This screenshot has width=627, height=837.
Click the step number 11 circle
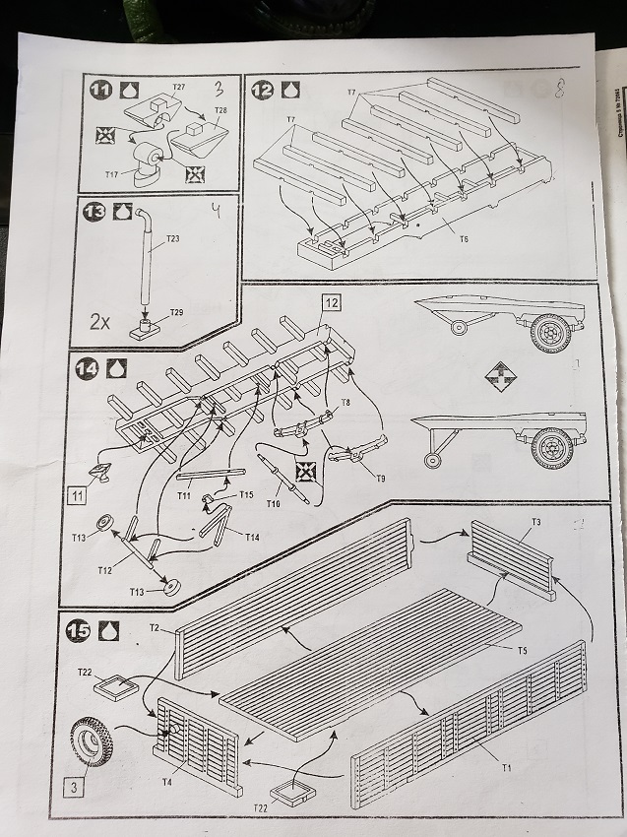[100, 91]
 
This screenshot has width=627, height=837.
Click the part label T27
[179, 89]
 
